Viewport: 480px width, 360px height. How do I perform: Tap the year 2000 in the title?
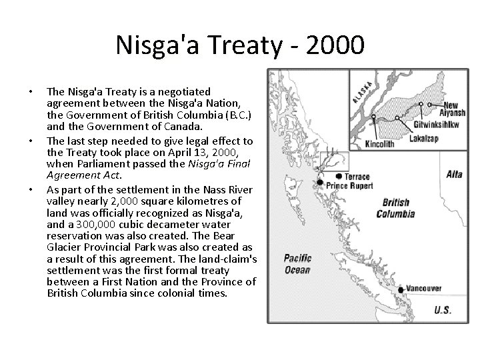click(x=337, y=46)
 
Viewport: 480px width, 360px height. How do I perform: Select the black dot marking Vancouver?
click(x=401, y=289)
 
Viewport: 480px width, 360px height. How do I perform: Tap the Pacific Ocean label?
click(x=297, y=264)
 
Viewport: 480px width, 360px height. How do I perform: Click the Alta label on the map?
click(x=454, y=174)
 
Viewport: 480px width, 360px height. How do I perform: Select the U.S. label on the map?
click(x=442, y=310)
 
